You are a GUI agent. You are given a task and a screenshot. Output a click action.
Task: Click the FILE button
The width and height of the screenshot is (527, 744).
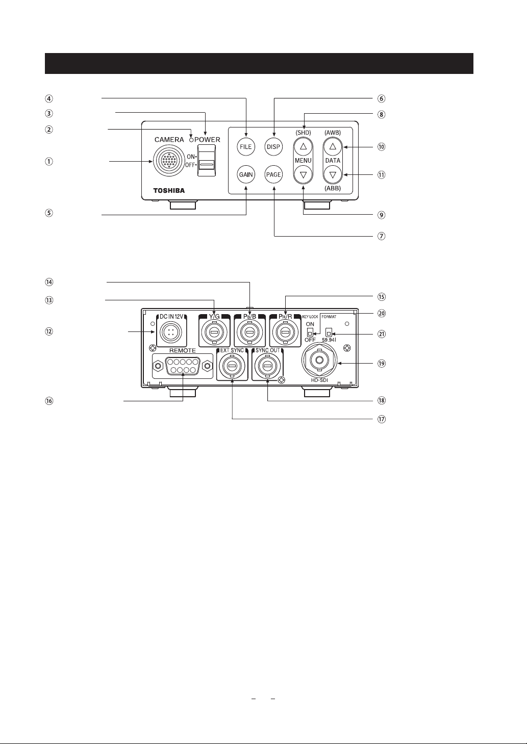pos(246,147)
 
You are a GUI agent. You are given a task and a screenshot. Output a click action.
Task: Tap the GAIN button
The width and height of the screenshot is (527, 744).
pos(246,175)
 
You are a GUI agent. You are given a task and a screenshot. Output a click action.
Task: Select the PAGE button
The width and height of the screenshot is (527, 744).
pos(274,175)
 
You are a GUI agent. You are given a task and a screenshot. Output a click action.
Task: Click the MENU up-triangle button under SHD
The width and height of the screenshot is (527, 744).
pos(304,146)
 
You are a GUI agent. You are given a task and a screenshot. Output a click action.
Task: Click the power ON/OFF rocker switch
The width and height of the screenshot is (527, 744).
pos(207,160)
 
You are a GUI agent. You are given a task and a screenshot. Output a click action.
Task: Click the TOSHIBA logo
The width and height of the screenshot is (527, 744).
pos(169,191)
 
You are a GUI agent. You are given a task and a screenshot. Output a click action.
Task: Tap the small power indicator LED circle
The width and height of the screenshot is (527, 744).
pos(191,140)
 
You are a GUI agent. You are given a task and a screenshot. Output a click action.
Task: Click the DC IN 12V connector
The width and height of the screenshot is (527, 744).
pos(170,332)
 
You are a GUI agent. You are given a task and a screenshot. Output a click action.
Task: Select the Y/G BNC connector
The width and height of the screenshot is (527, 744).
pos(214,332)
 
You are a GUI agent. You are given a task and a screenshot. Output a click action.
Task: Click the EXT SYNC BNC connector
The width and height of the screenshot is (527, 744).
pos(232,366)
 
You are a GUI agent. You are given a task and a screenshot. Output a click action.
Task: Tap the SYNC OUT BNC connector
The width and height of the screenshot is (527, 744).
pos(267,366)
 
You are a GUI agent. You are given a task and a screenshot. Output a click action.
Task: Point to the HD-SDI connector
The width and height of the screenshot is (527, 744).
pos(319,360)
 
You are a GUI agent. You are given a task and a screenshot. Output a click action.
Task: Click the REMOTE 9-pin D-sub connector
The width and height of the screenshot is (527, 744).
pos(183,366)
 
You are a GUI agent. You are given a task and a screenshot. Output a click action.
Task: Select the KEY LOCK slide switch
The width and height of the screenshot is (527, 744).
pos(310,332)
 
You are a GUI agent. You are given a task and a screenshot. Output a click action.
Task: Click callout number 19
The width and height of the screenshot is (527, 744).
pos(382,364)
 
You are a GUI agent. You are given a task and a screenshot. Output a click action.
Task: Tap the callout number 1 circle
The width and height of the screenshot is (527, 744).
pos(49,162)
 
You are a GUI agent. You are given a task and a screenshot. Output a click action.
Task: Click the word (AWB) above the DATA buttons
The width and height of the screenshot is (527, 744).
pos(333,133)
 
